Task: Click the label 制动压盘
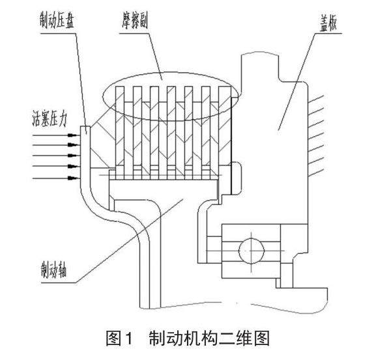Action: [57, 20]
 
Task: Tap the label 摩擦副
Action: [135, 21]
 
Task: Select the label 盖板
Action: [328, 24]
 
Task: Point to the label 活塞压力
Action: [50, 118]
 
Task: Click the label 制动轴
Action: [53, 270]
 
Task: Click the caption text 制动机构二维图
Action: [209, 338]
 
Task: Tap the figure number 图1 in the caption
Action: [119, 338]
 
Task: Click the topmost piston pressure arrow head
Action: [72, 135]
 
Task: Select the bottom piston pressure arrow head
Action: [72, 178]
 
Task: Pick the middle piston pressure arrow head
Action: [72, 156]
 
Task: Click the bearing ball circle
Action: [252, 251]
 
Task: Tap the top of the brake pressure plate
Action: [85, 126]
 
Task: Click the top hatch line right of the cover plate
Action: [315, 100]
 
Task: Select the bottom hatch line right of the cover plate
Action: [315, 173]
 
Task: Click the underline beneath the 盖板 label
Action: [327, 33]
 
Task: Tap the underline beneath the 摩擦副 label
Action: [134, 33]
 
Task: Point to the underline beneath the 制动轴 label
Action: [59, 283]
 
